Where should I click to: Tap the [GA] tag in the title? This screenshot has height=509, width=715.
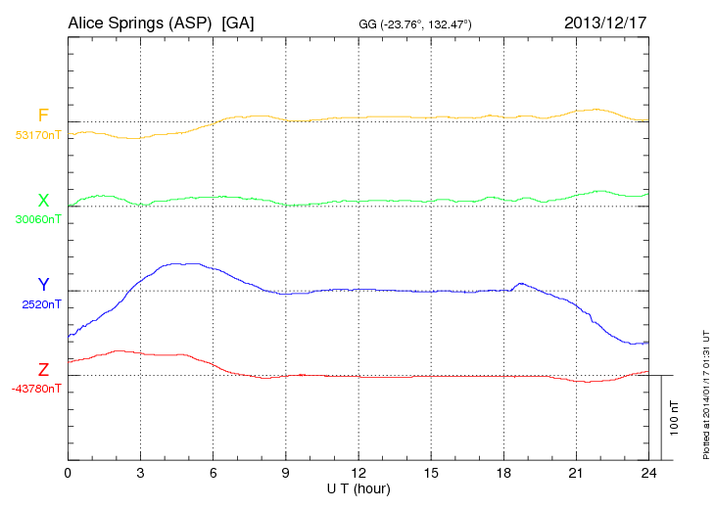coord(238,23)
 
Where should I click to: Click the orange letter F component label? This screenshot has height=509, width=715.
coord(43,116)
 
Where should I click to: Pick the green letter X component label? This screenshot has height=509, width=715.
coord(43,201)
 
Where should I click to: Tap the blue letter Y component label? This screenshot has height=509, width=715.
coord(43,285)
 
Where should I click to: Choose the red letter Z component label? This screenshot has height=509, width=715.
coord(43,370)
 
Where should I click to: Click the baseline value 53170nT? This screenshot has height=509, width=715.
coord(37,135)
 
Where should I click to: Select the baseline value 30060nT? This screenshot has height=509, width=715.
coord(37,219)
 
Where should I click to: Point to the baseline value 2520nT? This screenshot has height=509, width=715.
coord(41,304)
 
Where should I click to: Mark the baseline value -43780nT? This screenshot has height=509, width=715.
coord(37,389)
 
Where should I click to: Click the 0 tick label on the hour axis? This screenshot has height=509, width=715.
coord(68,474)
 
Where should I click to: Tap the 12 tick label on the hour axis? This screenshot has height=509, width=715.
coord(358,474)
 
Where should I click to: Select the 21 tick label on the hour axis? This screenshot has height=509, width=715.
coord(576,474)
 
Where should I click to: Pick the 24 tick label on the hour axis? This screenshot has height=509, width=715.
coord(648,474)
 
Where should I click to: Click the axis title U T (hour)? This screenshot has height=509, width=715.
coord(358,488)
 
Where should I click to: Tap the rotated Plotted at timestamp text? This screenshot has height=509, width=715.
coord(705,392)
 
